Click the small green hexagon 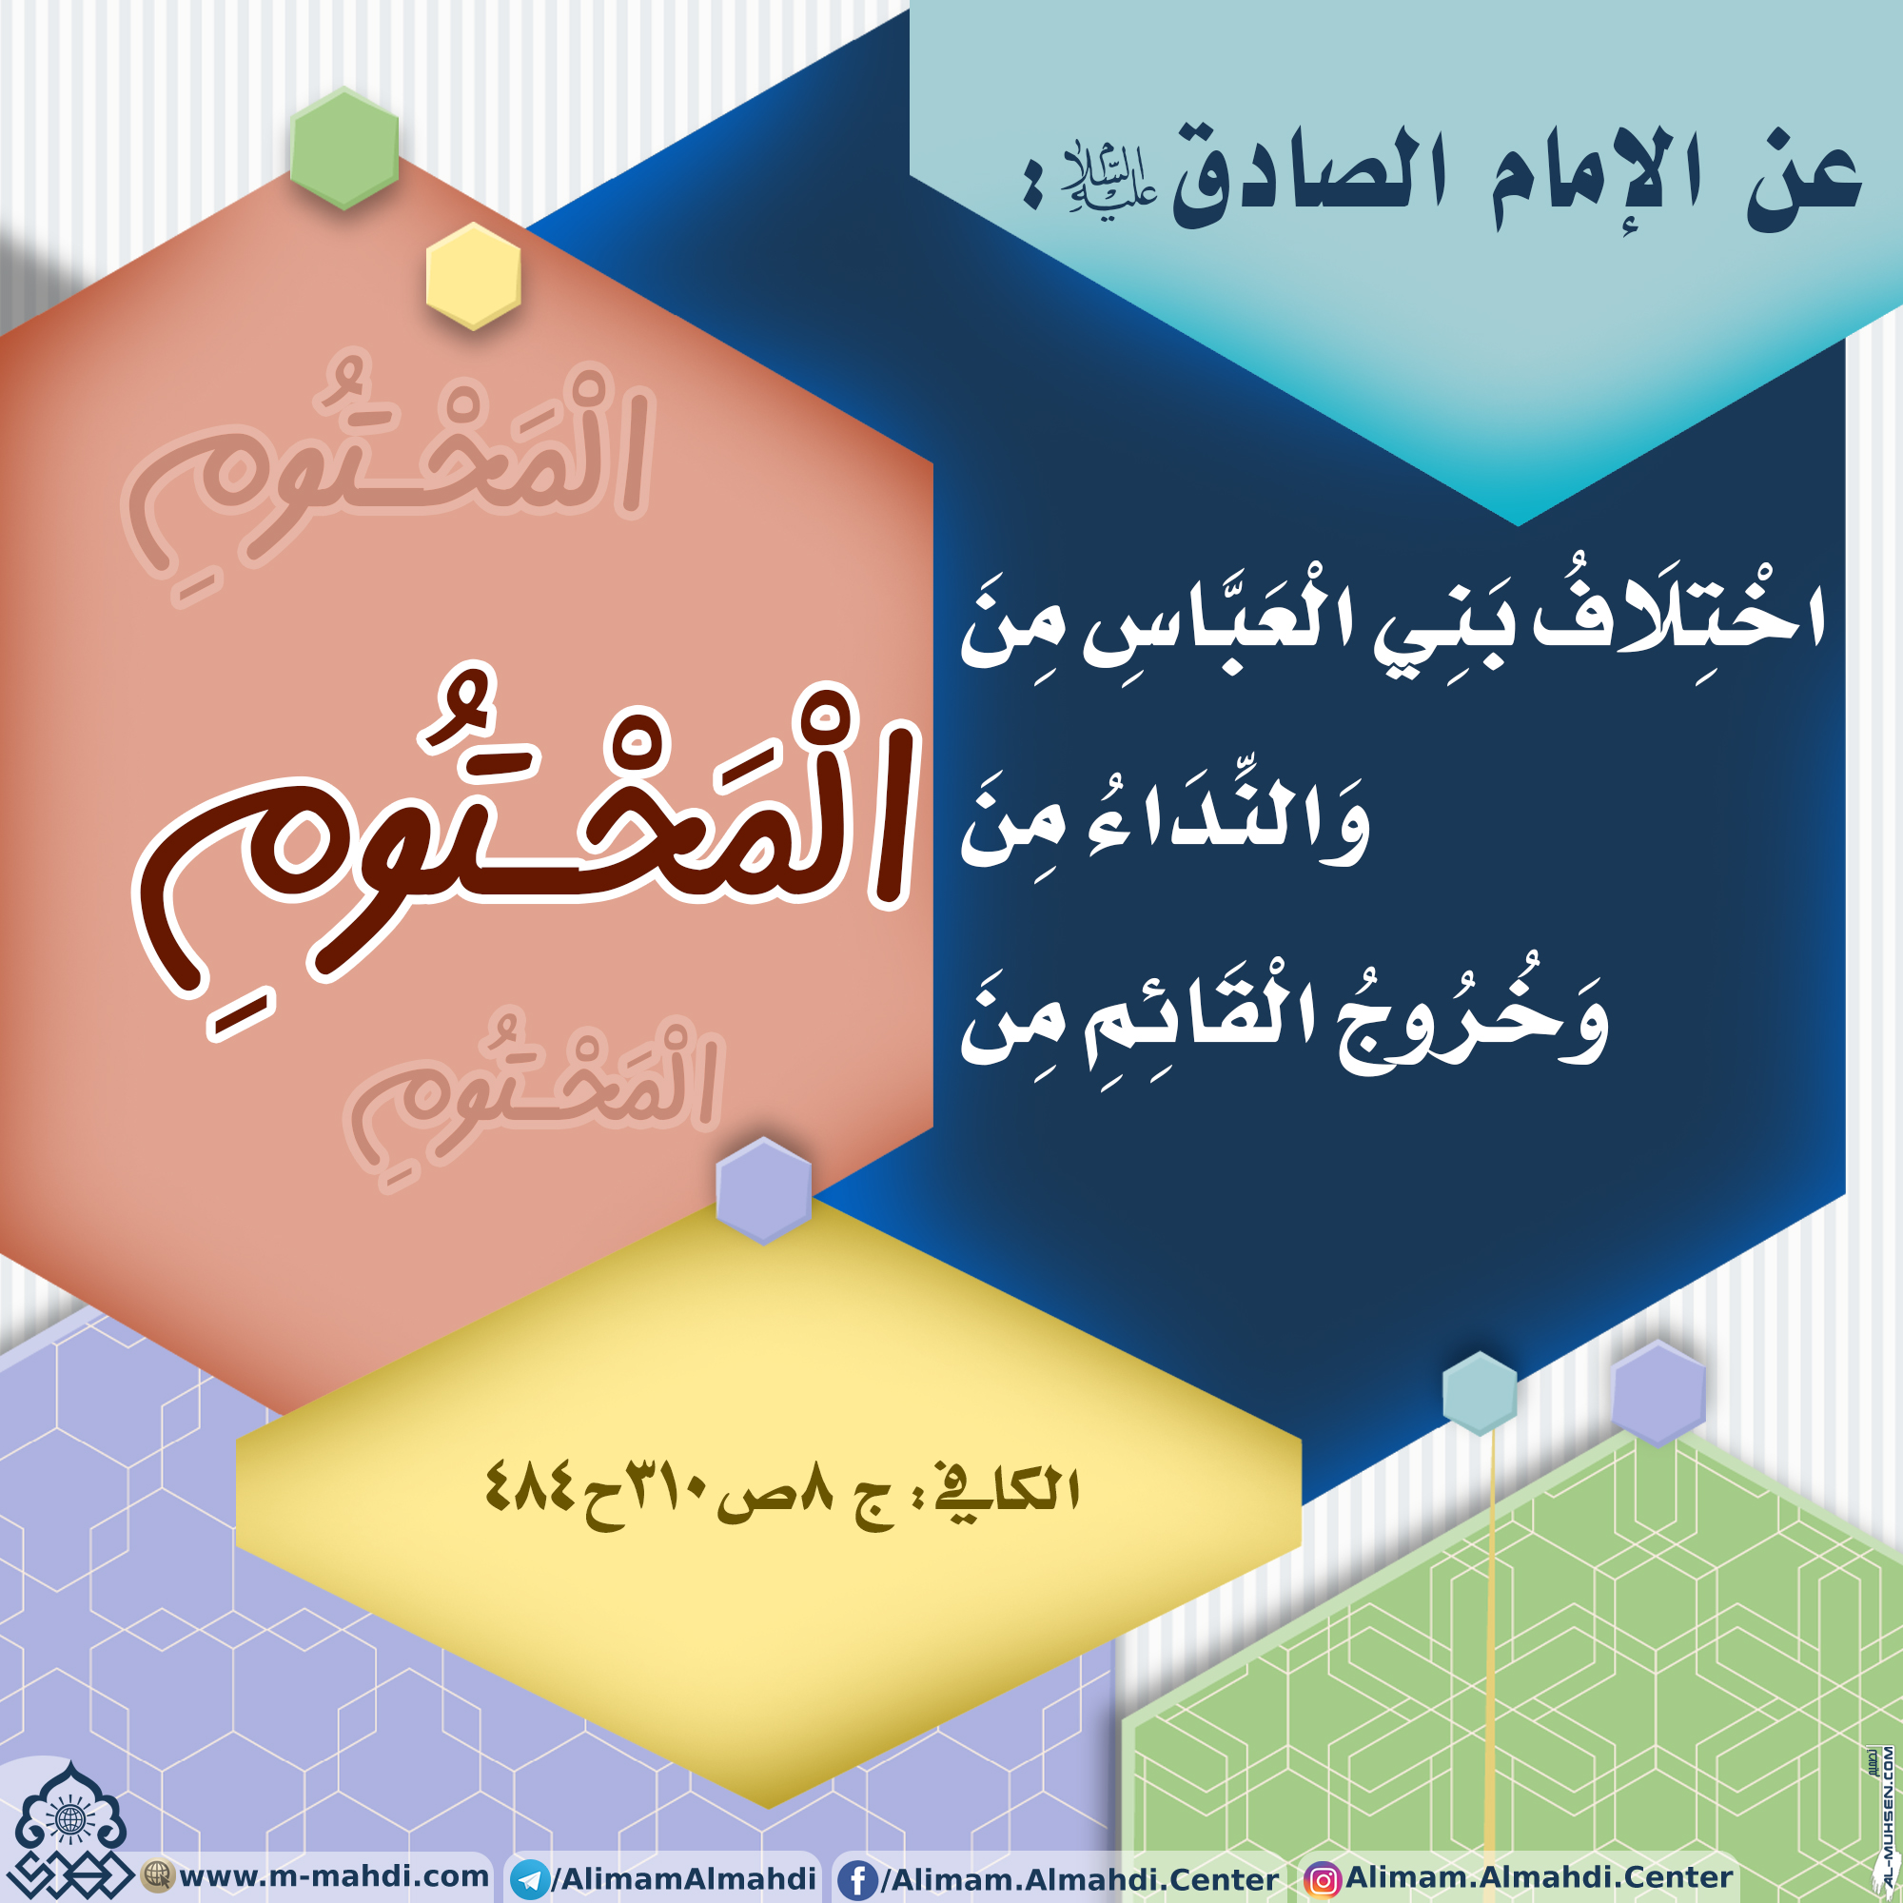pos(344,148)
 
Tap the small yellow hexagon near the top pos(473,276)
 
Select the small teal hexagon pos(1480,1393)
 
